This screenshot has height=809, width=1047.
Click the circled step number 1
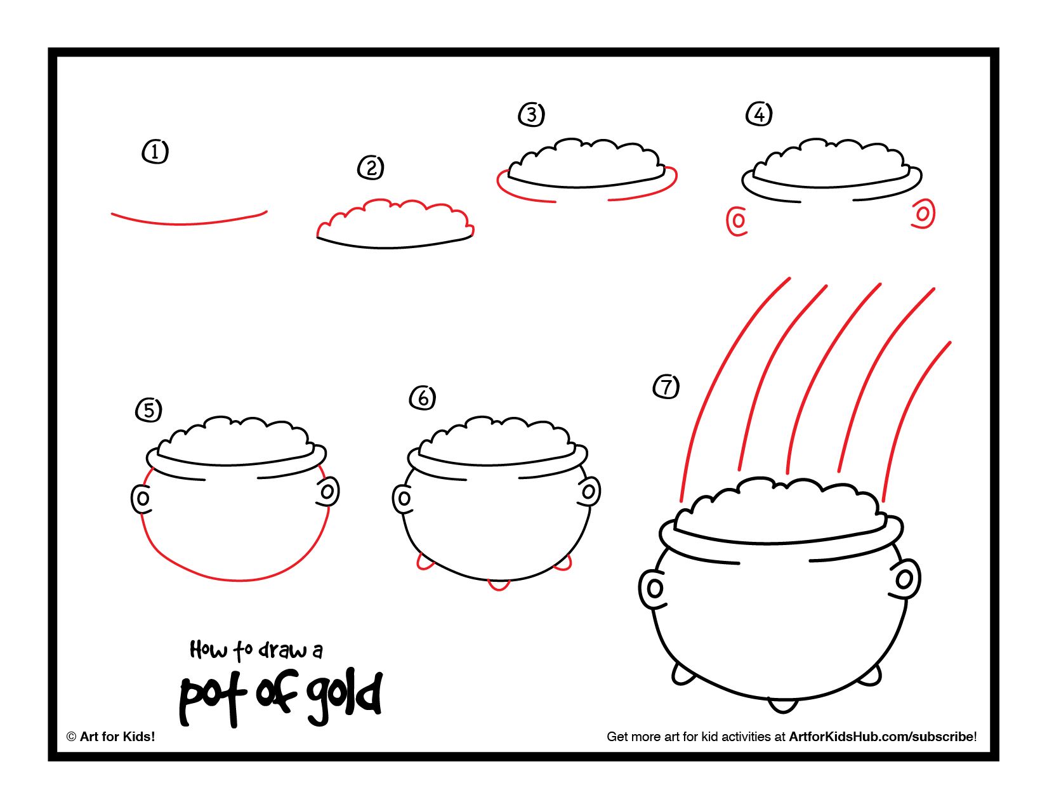coord(155,152)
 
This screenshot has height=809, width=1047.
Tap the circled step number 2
coord(371,168)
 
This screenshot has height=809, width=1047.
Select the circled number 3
coord(532,115)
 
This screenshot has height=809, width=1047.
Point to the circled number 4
coord(760,115)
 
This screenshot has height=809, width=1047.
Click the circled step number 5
coord(148,410)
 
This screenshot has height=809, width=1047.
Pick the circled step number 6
coord(423,398)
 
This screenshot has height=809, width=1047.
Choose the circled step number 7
coord(666,386)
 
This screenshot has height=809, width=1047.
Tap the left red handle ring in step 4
coord(737,221)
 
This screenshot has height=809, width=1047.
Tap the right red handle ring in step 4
coord(923,214)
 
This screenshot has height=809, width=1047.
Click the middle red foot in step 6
coord(499,585)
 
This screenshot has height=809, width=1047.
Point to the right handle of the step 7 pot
coord(905,579)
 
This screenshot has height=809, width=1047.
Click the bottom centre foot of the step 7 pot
coord(782,704)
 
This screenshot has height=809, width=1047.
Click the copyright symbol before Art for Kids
coord(71,737)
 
